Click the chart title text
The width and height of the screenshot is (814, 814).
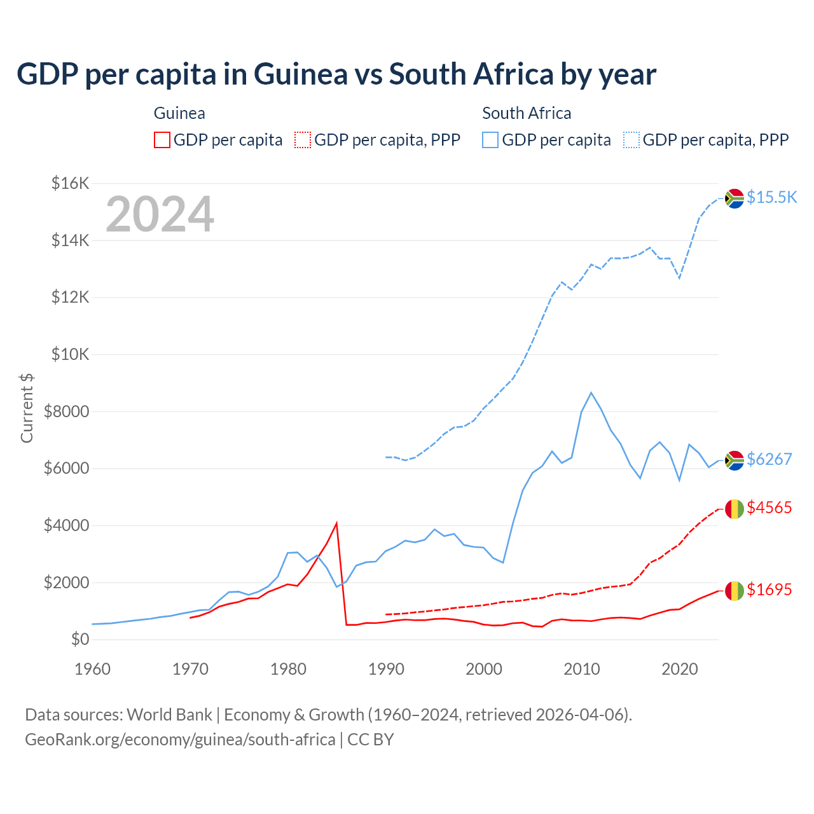click(336, 74)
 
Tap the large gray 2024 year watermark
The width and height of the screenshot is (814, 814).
click(160, 214)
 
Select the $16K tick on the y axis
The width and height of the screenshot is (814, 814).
click(70, 184)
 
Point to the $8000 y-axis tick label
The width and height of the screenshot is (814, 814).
click(66, 411)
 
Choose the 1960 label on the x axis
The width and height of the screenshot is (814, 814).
click(93, 669)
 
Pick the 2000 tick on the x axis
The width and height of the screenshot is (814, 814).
click(484, 669)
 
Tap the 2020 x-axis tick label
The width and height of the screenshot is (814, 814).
click(680, 669)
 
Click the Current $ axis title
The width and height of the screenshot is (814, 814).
click(27, 408)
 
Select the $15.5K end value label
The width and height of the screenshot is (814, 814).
click(771, 197)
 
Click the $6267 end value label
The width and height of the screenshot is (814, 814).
click(769, 459)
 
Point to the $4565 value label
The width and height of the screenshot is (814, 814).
click(769, 507)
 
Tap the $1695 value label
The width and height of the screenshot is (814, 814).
click(769, 590)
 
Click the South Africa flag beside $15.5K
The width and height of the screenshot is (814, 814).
click(735, 198)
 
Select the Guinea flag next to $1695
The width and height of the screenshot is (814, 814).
click(735, 591)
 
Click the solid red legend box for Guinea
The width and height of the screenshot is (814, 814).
click(162, 140)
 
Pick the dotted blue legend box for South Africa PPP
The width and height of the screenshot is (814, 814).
click(631, 140)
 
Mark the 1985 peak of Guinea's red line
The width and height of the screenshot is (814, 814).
click(336, 523)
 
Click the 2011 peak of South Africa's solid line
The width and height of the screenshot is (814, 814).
click(591, 393)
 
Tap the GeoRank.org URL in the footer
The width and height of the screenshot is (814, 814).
click(180, 740)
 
